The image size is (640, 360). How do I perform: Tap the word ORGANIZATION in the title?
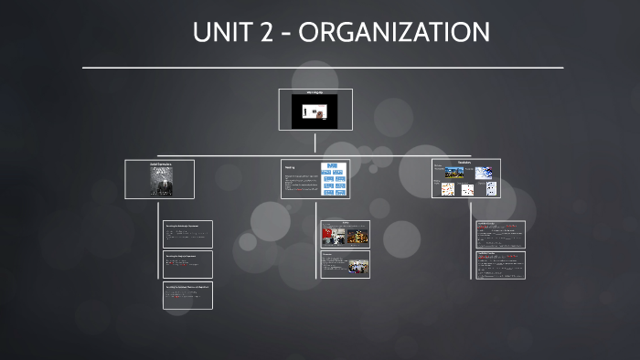pos(395,32)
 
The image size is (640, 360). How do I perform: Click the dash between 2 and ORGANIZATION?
pos(285,33)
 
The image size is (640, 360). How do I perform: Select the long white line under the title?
pos(323,68)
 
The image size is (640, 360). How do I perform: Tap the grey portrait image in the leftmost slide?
pos(160,181)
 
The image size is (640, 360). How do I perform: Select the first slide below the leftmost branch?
pos(187,234)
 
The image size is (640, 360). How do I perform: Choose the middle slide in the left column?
pos(187,264)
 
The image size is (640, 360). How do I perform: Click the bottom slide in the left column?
pos(187,295)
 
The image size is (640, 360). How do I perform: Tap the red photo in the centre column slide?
pos(330,236)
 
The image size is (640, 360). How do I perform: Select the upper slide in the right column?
pos(500,235)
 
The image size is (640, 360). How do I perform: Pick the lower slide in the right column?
pos(500,265)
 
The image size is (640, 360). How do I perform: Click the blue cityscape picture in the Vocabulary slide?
pos(454,173)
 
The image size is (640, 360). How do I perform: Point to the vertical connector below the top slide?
pos(315,143)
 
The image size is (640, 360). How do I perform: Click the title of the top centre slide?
pos(315,92)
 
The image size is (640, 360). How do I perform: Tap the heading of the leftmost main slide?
pos(160,164)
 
